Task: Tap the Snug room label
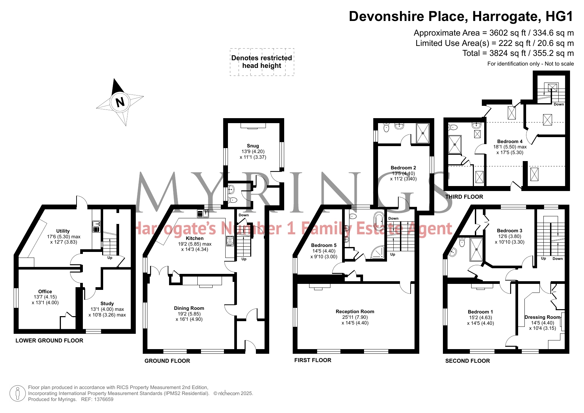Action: pyautogui.click(x=253, y=146)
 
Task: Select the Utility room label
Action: pyautogui.click(x=63, y=231)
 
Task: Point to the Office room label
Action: pyautogui.click(x=45, y=292)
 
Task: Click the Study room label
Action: pyautogui.click(x=107, y=304)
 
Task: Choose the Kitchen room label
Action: pyautogui.click(x=195, y=238)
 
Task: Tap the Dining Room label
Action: pyautogui.click(x=189, y=308)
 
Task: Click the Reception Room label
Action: pyautogui.click(x=355, y=311)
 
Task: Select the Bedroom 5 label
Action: pyautogui.click(x=324, y=245)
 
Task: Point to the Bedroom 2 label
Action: pyautogui.click(x=403, y=168)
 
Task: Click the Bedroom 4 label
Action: pyautogui.click(x=510, y=141)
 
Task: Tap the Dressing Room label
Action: pyautogui.click(x=542, y=317)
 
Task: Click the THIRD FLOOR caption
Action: pyautogui.click(x=464, y=197)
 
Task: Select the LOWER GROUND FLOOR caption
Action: pyautogui.click(x=49, y=340)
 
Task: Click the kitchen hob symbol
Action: pyautogui.click(x=230, y=241)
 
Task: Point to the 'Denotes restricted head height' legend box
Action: pyautogui.click(x=262, y=62)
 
